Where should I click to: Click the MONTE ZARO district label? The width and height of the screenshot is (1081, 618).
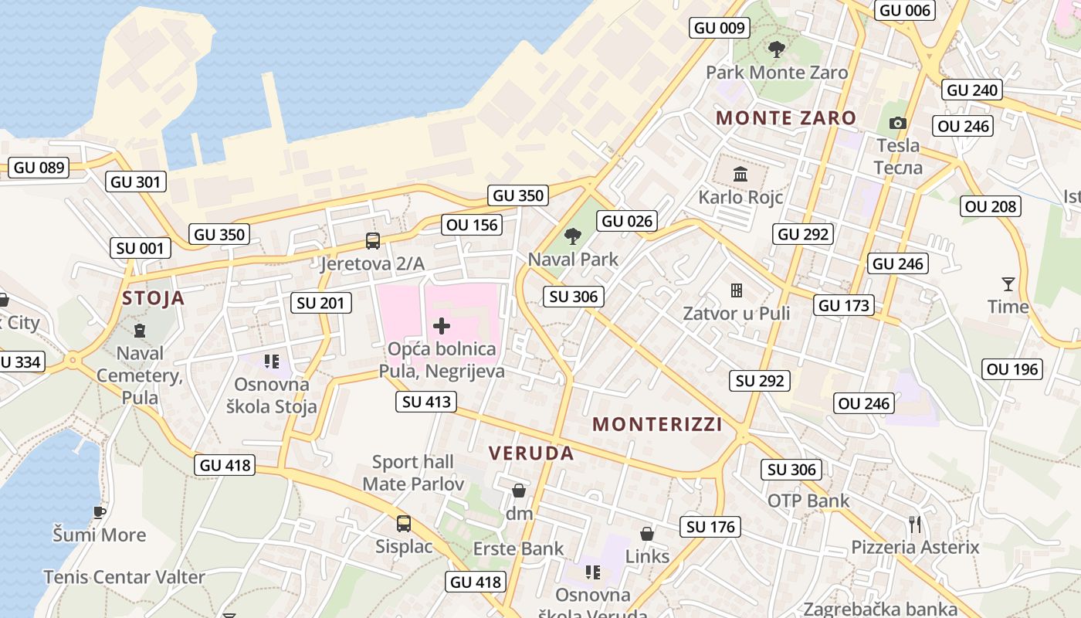(x=786, y=118)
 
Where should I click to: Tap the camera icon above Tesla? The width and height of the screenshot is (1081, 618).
(x=897, y=123)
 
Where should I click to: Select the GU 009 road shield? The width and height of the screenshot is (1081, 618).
(x=720, y=29)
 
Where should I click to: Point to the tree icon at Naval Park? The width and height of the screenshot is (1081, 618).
(x=572, y=236)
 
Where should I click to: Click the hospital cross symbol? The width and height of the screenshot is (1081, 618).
(x=442, y=326)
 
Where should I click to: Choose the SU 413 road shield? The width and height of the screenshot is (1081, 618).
(x=426, y=402)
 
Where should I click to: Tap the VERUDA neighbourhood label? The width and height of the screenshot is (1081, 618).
(x=532, y=453)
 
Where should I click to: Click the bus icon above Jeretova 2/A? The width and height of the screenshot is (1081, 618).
(x=373, y=241)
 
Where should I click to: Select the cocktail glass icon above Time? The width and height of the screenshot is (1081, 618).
(x=1008, y=284)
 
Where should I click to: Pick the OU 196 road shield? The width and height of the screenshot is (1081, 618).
(x=1013, y=369)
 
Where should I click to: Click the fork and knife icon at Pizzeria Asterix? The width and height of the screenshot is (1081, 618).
(x=915, y=525)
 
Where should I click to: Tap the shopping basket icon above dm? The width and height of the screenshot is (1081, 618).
(x=519, y=491)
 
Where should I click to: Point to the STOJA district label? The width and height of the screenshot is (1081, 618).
(x=154, y=298)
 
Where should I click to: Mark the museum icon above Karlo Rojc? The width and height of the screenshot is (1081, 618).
(x=740, y=174)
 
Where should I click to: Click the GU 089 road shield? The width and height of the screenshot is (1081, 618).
(x=39, y=168)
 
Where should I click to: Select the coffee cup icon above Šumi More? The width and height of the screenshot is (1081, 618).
(x=99, y=511)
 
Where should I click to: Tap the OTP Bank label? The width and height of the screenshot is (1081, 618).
(x=808, y=501)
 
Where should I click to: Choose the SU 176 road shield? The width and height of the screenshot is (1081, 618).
(x=710, y=527)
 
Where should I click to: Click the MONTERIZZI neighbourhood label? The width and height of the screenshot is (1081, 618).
(x=657, y=424)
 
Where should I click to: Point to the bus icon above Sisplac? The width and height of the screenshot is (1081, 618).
(x=403, y=524)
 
